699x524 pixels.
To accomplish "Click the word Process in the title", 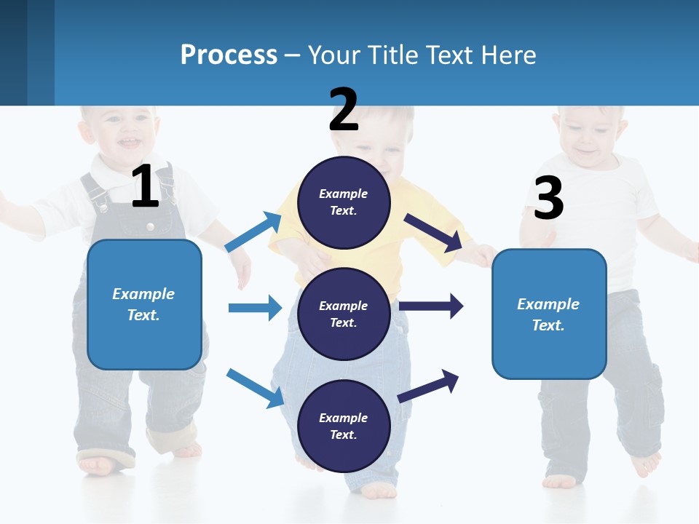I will pos(229,55).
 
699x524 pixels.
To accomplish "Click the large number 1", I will pos(145,187).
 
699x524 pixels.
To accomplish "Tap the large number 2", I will pos(344,110).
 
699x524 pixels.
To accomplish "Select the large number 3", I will pos(548,198).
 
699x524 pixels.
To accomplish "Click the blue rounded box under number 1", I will pos(144,304).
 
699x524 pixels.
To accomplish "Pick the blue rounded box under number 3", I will pos(549,314).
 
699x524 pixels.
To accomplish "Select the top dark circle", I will pos(344,202).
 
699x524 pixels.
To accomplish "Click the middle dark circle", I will pos(344,314).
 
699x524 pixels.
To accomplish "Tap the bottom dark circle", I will pos(344,426).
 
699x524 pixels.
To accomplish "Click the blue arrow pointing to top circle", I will pos(253,232).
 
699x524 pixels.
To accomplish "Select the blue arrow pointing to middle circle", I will pos(255,308).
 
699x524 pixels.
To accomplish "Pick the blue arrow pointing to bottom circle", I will pos(255,388).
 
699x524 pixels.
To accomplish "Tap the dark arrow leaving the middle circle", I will pos(431,306).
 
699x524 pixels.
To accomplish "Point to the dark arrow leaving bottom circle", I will pos(429,386).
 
